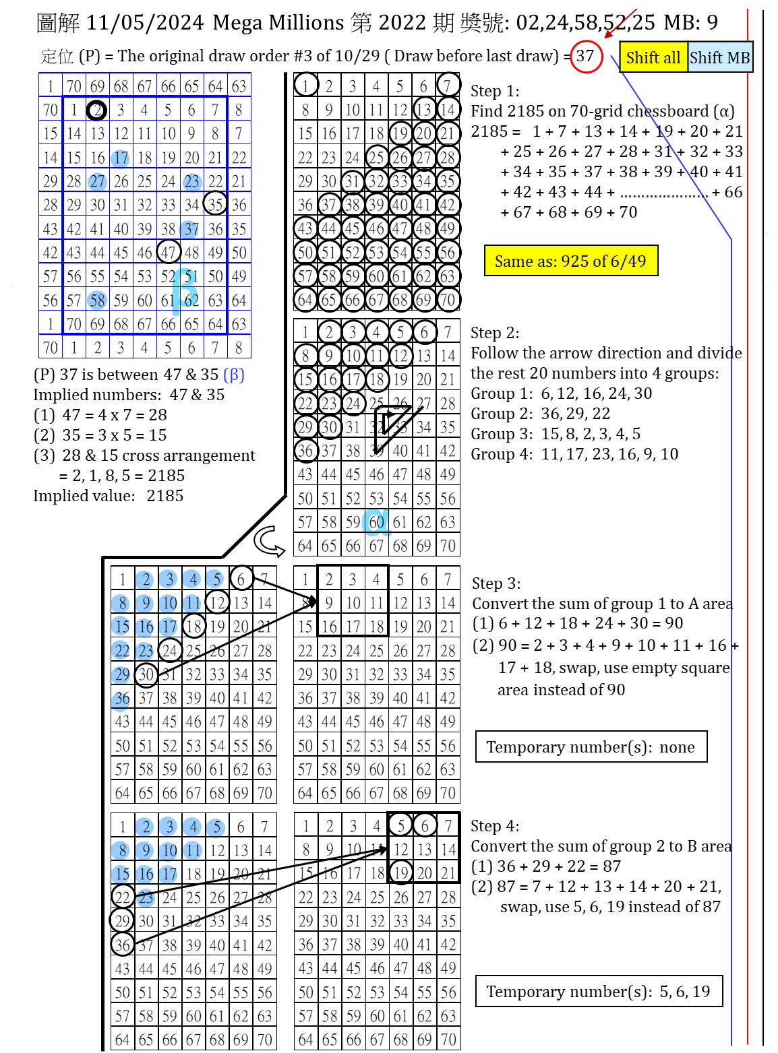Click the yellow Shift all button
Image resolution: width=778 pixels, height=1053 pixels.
click(653, 58)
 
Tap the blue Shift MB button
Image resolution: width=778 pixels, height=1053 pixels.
click(719, 58)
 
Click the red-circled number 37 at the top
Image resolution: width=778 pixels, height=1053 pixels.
click(585, 56)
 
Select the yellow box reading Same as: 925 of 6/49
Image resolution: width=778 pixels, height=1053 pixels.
click(570, 261)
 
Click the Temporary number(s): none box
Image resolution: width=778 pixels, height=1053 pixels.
click(591, 746)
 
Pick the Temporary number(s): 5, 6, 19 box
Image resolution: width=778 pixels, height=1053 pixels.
click(598, 991)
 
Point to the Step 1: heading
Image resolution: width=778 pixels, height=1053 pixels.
click(495, 91)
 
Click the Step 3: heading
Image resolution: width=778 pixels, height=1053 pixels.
click(496, 583)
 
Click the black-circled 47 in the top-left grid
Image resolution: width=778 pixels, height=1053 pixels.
click(169, 253)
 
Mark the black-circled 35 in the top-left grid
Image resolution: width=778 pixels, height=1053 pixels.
click(215, 204)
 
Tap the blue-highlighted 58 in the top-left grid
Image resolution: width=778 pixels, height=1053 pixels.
click(98, 300)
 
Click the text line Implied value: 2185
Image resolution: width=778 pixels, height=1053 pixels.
click(109, 496)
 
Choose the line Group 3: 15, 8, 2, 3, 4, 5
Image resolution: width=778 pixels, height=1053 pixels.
click(556, 434)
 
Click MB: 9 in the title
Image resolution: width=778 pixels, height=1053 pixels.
click(691, 23)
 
